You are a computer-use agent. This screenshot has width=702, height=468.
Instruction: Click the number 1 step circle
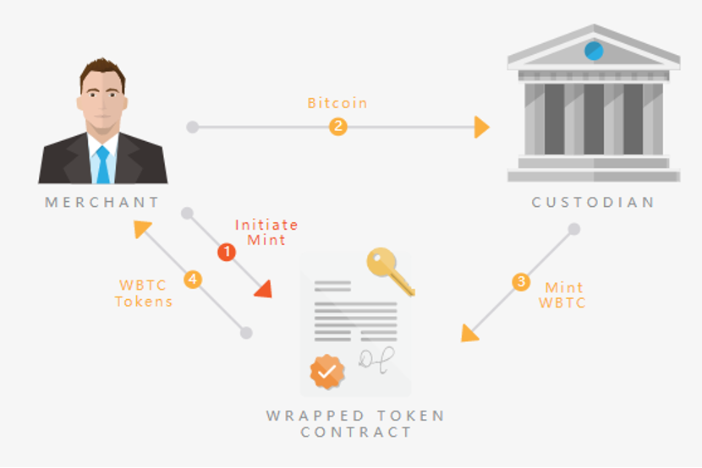[x=227, y=252]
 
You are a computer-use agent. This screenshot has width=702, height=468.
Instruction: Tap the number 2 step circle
[x=338, y=127]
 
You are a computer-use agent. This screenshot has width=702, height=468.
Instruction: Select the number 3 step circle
[x=521, y=282]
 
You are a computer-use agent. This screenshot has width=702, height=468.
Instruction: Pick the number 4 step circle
[x=193, y=280]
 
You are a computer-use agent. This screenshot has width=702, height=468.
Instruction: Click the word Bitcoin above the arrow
[x=337, y=103]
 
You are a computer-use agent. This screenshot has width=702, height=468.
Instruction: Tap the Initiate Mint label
[x=266, y=232]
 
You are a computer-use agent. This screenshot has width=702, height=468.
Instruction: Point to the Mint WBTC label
[x=562, y=295]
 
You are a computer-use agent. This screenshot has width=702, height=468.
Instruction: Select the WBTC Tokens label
[x=143, y=293]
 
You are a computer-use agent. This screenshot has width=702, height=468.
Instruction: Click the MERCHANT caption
[x=102, y=203]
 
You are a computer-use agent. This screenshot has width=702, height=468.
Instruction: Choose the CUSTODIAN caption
[x=593, y=203]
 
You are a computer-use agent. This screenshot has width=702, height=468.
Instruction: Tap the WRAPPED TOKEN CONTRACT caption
[x=355, y=424]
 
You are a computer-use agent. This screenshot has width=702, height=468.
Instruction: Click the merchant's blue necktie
[x=103, y=165]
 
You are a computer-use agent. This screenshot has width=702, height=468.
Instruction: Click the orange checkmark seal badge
[x=327, y=372]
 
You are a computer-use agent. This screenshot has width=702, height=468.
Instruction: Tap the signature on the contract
[x=376, y=360]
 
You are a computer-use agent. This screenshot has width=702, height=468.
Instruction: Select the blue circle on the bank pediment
[x=594, y=51]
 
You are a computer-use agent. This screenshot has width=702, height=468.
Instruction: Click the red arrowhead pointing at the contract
[x=265, y=290]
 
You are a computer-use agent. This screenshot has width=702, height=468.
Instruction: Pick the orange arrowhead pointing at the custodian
[x=482, y=127]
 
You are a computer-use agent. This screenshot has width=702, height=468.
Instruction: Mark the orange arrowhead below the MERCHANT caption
[x=141, y=228]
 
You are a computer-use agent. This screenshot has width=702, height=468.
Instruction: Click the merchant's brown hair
[x=102, y=72]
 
